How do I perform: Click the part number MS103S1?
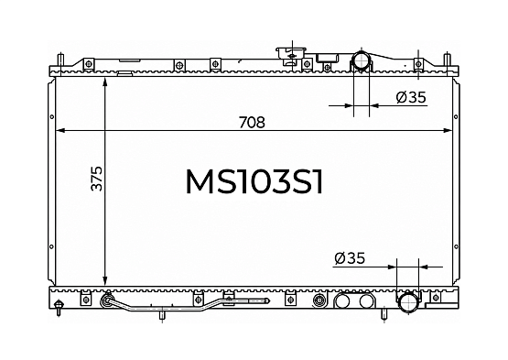pyautogui.click(x=254, y=182)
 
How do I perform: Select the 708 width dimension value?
pyautogui.click(x=252, y=122)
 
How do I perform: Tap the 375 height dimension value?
pyautogui.click(x=96, y=179)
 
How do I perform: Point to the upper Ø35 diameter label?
pyautogui.click(x=411, y=97)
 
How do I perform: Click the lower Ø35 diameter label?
pyautogui.click(x=350, y=258)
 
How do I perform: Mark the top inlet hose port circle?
pyautogui.click(x=362, y=60)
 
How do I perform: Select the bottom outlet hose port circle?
pyautogui.click(x=408, y=303)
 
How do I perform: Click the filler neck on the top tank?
pyautogui.click(x=292, y=55)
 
